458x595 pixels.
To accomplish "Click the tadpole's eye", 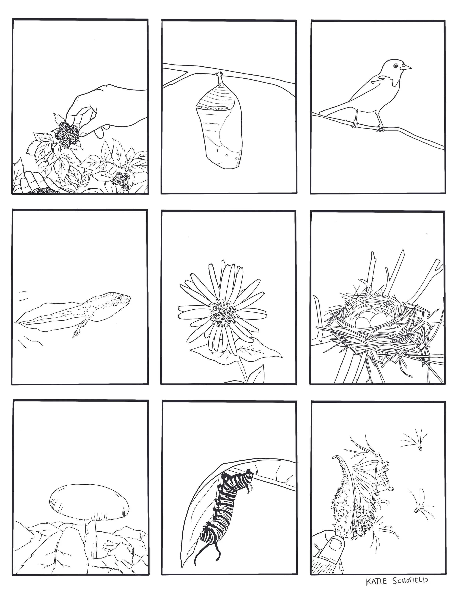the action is point(118,298).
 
